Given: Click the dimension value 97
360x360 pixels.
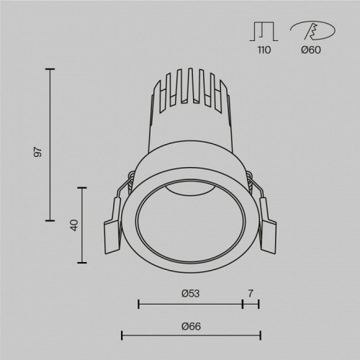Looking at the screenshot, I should coord(39,152).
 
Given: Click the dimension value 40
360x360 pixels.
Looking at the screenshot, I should coord(73,225).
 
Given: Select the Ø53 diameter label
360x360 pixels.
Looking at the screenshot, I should coord(189,293).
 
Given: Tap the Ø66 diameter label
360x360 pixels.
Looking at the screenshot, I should coord(190,327).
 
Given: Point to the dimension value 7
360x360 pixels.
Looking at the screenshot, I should coord(251,293).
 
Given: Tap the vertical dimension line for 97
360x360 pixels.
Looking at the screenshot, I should coord(50,144).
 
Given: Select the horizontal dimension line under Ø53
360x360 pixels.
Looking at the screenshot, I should coord(190,305).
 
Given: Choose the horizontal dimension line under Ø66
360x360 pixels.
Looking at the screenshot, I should coord(191,335).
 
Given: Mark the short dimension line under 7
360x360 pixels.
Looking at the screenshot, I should coord(251,305).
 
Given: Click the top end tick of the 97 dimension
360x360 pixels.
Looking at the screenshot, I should coord(50,68).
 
